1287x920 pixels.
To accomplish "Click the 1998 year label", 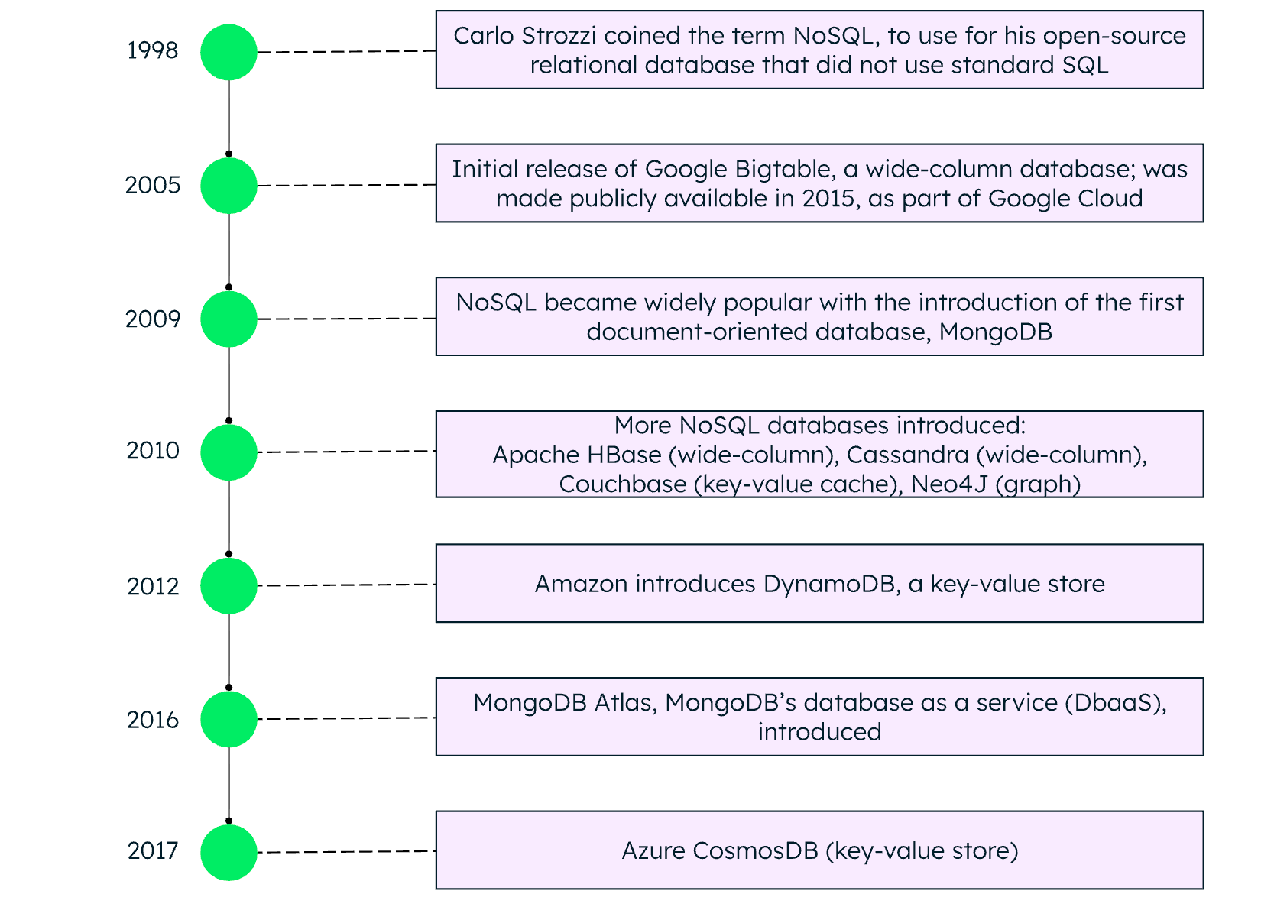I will pyautogui.click(x=152, y=50).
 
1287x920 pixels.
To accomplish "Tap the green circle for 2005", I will pyautogui.click(x=229, y=186).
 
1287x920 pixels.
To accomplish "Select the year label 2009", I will pyautogui.click(x=153, y=319).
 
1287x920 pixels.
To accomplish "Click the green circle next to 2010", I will pyautogui.click(x=229, y=452).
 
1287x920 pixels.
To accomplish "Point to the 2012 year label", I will pyautogui.click(x=153, y=586).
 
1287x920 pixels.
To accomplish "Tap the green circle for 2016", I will pyautogui.click(x=229, y=719).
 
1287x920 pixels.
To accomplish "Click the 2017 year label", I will pyautogui.click(x=153, y=850).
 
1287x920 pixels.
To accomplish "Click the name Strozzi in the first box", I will pyautogui.click(x=561, y=36).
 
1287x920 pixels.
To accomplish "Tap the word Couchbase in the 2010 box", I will pyautogui.click(x=622, y=484).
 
